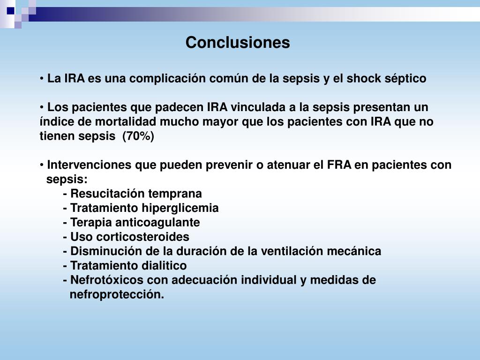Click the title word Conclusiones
coord(238,43)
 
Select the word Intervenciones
coord(90,165)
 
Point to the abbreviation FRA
coord(339,165)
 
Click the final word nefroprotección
coord(117,295)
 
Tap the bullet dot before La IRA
coord(42,79)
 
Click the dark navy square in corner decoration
coord(10,9)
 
